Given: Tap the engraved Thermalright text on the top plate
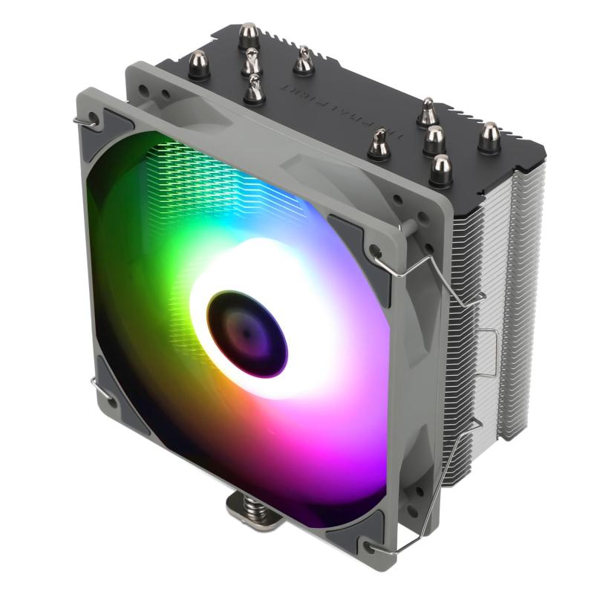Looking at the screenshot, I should point(333,105).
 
